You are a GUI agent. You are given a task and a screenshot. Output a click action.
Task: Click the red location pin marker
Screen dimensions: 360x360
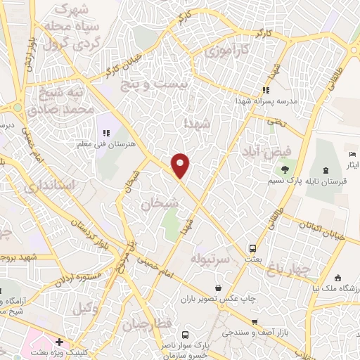click(x=181, y=165)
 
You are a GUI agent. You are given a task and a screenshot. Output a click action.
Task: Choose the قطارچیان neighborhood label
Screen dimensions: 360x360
click(x=148, y=325)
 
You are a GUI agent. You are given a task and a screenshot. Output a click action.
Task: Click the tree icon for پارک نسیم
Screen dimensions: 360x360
click(x=284, y=169)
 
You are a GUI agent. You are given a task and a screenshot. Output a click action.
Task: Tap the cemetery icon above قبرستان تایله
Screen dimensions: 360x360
click(x=326, y=169)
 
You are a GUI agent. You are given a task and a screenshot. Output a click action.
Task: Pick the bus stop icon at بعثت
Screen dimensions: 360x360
click(x=252, y=248)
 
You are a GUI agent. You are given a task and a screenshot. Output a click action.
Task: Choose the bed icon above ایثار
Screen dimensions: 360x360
click(x=352, y=154)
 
